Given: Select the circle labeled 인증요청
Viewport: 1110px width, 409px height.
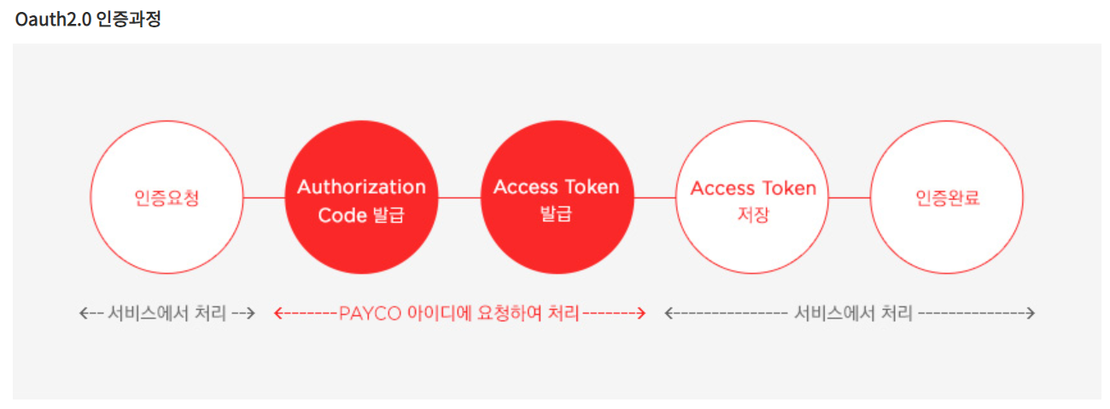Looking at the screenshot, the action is click(167, 197).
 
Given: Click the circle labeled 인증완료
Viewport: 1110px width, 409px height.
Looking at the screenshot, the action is click(946, 197).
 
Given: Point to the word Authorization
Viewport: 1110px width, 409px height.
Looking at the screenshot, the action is click(361, 187).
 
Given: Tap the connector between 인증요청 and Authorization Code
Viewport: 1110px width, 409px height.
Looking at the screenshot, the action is click(264, 197).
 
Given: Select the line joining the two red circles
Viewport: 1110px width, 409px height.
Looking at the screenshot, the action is click(459, 197).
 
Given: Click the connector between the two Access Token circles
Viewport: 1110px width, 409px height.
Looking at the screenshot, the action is click(655, 197).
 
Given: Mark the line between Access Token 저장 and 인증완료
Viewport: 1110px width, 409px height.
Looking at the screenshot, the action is click(850, 197).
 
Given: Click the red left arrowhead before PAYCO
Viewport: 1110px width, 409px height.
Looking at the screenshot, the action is click(277, 313).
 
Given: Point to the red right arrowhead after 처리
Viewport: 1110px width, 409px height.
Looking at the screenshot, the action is click(640, 313).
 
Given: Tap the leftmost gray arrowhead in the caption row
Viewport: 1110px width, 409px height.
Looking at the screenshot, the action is click(83, 313).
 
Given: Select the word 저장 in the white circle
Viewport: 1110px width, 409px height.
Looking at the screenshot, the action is click(753, 214).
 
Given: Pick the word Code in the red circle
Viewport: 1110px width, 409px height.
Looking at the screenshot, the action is click(342, 215).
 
